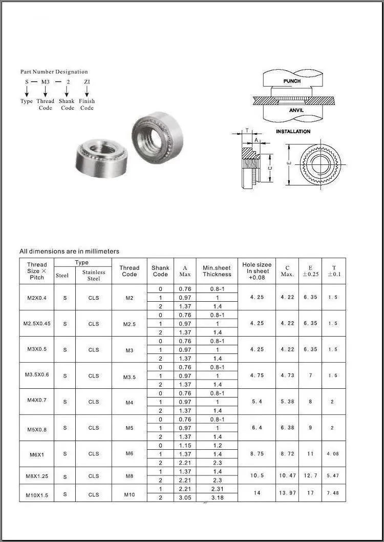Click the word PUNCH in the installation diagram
pos(292,81)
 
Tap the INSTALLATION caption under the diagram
pos(293,132)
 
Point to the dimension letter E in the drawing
pos(289,163)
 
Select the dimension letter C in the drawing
pos(270,168)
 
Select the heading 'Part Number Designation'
pos(54,72)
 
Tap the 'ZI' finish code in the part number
pos(87,81)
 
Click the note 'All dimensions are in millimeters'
pos(69,251)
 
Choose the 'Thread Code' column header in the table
pos(129,271)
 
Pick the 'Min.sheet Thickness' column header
pos(217,271)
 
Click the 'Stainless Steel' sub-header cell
pos(94,275)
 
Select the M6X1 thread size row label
pos(36,454)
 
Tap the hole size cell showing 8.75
pos(257,454)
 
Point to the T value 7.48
pos(334,493)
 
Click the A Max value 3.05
pos(185,497)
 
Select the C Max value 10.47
pos(287,475)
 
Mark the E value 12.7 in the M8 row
pos(310,475)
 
